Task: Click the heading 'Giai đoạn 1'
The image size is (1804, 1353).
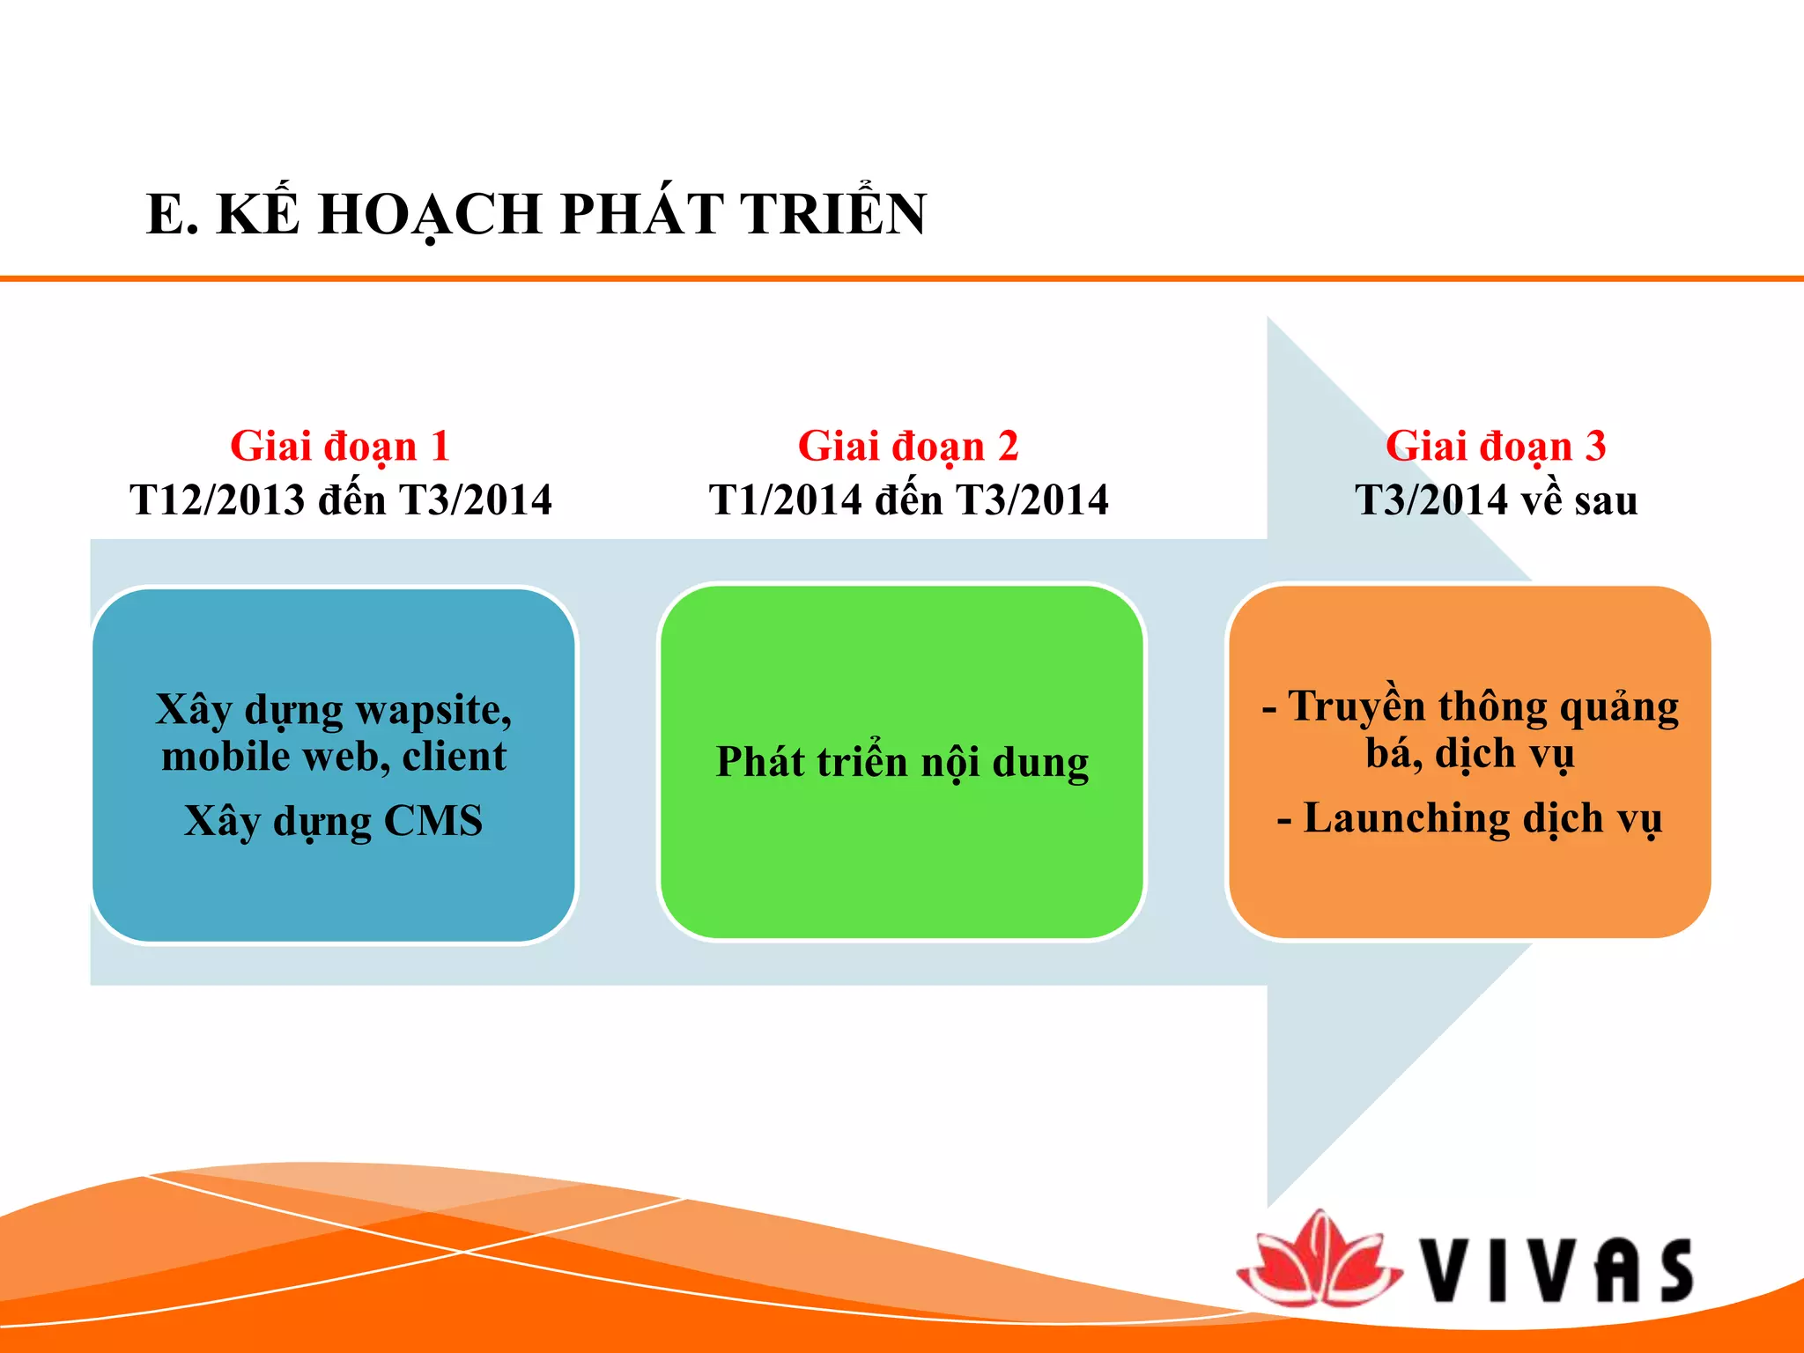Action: pos(340,447)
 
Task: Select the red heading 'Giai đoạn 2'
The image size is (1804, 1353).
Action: pos(907,447)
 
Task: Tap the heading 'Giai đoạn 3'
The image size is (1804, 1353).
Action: pos(1495,447)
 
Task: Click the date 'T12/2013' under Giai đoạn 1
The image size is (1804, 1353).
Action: pos(217,500)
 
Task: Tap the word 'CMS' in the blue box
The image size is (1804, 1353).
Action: pos(433,821)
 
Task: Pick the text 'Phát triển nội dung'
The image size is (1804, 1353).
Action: pos(902,763)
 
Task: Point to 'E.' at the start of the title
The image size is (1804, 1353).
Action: pos(172,214)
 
